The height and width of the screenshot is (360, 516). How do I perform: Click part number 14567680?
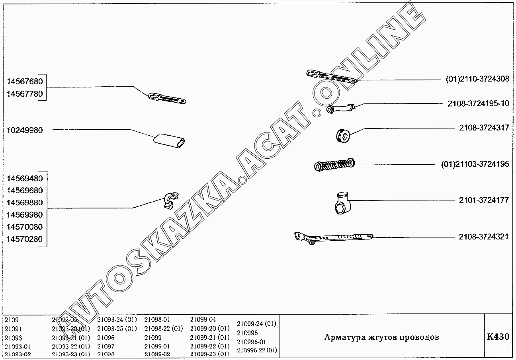25,82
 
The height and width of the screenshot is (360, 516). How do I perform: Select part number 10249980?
25,130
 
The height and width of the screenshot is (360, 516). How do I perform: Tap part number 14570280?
25,239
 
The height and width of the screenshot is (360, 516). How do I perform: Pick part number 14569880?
25,202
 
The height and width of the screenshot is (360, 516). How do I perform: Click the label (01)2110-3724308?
477,79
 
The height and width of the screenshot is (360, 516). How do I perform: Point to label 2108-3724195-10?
479,103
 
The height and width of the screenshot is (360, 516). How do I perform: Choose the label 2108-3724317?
484,128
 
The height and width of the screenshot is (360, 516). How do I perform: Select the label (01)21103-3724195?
475,164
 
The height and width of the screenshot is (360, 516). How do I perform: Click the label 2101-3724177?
484,200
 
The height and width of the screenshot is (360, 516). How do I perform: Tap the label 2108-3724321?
483,237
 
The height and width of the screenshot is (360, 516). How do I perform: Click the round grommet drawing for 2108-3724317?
343,136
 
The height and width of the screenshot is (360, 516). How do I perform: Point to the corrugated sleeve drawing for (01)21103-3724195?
334,165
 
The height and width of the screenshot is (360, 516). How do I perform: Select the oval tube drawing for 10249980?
169,141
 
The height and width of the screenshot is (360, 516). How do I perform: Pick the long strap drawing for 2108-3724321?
334,237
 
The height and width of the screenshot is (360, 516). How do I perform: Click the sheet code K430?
498,337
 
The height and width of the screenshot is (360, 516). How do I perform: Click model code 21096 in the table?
106,338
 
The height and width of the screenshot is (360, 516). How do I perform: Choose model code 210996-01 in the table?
251,342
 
